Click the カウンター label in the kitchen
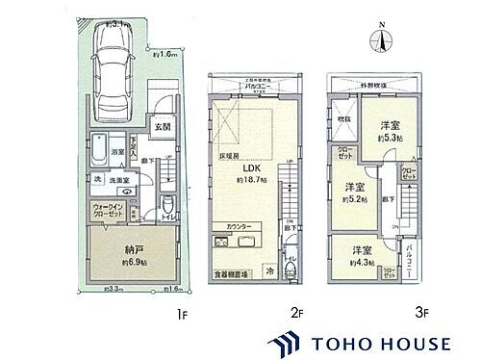[241, 226]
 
